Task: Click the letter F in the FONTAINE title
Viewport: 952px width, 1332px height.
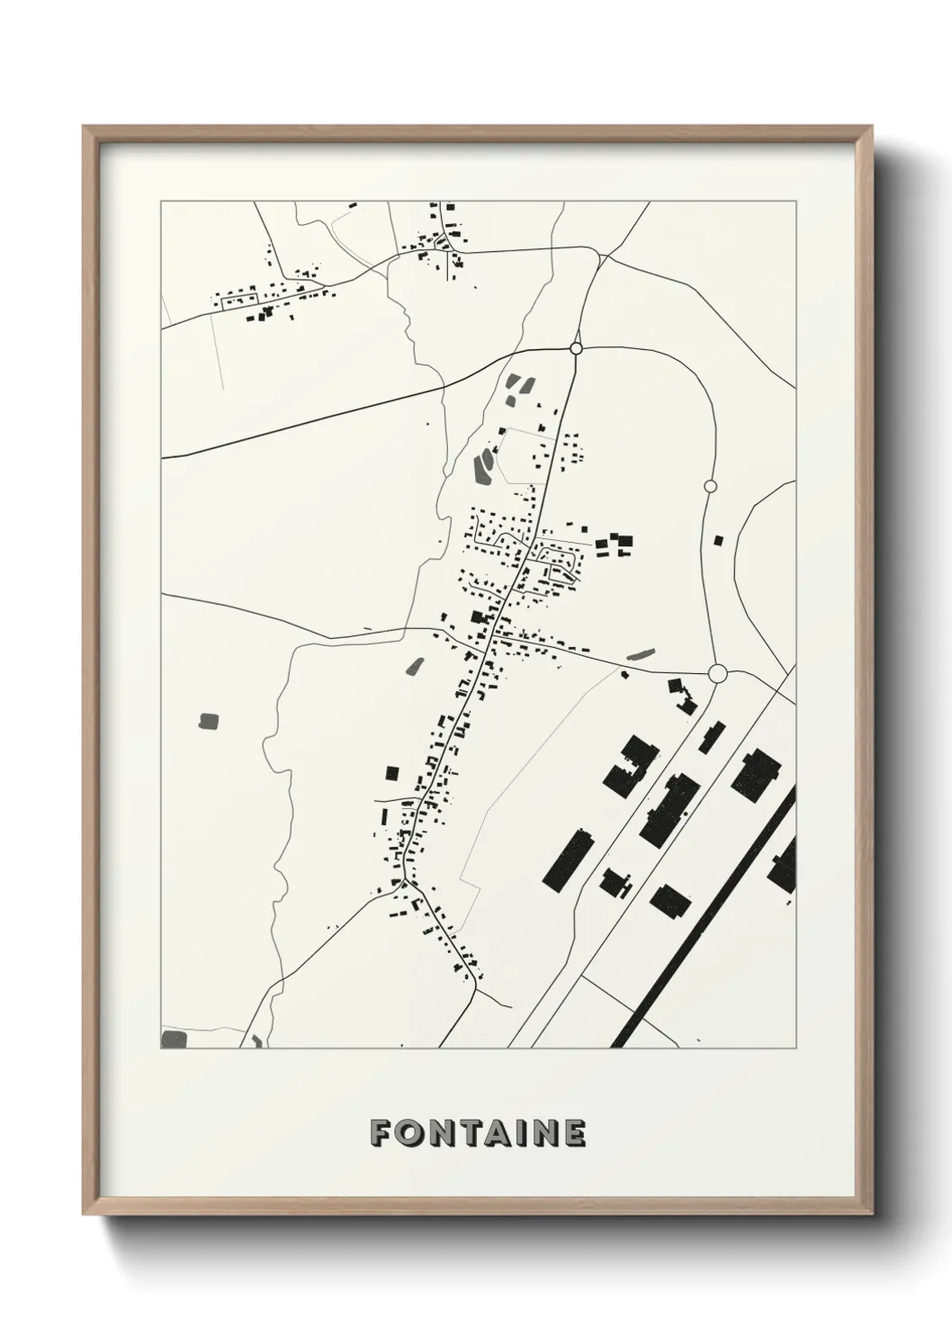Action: tap(380, 1133)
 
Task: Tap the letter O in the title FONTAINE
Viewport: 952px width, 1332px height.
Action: tap(408, 1133)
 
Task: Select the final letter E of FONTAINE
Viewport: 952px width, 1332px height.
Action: tap(574, 1133)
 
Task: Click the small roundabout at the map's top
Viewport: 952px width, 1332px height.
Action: tap(577, 348)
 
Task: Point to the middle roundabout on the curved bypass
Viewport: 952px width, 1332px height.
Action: tap(710, 487)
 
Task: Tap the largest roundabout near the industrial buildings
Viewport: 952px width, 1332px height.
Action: tap(717, 673)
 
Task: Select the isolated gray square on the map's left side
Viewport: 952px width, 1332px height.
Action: tap(209, 721)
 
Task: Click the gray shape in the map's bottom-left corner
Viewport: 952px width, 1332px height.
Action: tap(173, 1039)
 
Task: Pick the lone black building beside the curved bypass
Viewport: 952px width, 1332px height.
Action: tap(717, 541)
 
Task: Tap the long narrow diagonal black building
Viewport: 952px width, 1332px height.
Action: tap(569, 859)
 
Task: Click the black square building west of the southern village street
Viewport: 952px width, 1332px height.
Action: tap(391, 772)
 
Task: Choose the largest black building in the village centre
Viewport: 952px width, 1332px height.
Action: tap(479, 617)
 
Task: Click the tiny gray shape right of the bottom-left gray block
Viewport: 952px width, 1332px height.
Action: tap(256, 1041)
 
